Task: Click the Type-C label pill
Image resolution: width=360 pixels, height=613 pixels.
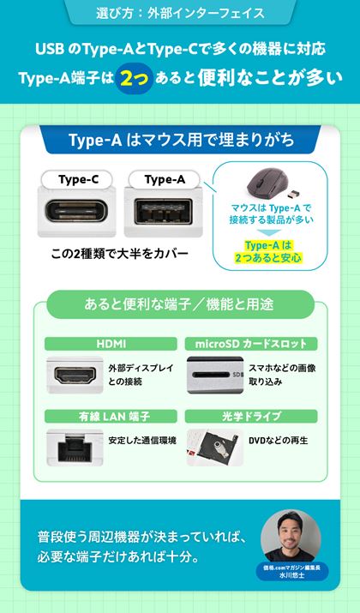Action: pos(77,179)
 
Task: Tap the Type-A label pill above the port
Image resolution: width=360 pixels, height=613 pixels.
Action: pos(165,179)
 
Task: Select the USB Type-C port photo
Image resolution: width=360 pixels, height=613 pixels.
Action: pos(76,212)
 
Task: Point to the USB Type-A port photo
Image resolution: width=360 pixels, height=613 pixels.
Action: pos(164,212)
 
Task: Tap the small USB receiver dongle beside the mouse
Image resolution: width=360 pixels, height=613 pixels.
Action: pos(294,193)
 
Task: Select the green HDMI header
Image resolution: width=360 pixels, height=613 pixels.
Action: pos(111,344)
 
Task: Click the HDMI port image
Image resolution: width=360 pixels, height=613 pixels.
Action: pos(75,376)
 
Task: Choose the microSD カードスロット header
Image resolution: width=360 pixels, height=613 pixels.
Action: pos(251,344)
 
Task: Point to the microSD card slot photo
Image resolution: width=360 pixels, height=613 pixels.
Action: pos(215,376)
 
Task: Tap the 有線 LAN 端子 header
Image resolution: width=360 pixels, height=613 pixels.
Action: pos(111,417)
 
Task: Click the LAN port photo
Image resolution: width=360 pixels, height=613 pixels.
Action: pos(75,448)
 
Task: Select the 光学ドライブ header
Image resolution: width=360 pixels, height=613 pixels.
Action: pos(251,417)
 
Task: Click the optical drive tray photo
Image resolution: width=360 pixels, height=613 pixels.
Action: pos(215,448)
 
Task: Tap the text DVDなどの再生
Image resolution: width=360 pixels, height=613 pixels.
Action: pos(279,441)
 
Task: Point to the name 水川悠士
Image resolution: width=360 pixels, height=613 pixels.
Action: pos(292,575)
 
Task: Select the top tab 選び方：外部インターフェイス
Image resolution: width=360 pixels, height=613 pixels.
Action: pos(180,14)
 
